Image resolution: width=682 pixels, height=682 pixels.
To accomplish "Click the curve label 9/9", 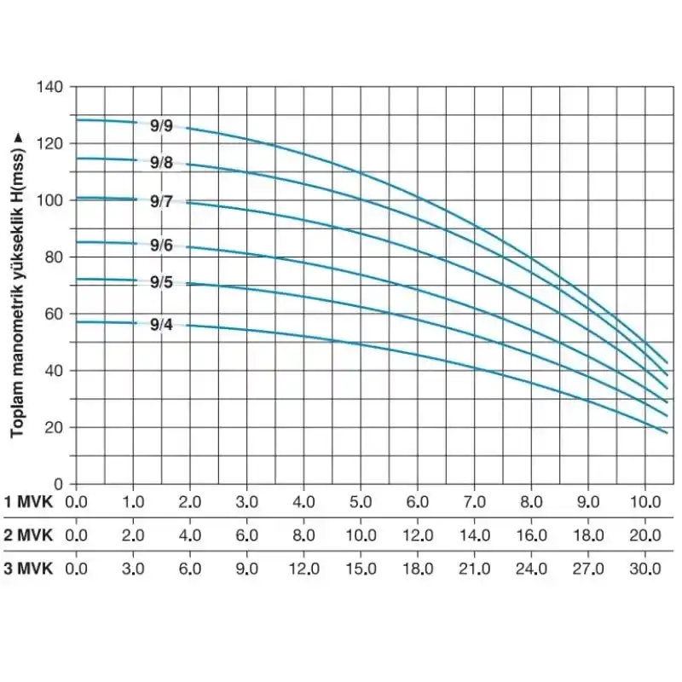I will coord(161,126).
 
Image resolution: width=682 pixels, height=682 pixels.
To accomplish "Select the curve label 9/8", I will coord(161,162).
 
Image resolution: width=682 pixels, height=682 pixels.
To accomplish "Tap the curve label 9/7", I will coord(161,202).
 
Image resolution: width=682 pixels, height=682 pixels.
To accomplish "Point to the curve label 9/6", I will coord(161,246).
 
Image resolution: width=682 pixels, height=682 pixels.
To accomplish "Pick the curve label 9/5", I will coord(161,282).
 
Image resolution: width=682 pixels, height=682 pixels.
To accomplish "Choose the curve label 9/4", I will coord(161,324).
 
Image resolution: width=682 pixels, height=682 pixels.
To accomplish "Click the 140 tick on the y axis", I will coord(50,87).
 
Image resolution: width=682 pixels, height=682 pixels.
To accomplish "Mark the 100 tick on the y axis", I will coord(50,200).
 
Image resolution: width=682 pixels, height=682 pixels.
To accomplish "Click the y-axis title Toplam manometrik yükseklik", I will coord(17,286).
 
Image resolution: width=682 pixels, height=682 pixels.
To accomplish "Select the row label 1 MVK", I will coord(29,500).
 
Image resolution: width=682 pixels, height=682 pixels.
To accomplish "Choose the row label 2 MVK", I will coord(29,535).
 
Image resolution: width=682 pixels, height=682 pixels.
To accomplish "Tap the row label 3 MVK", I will coord(29,569).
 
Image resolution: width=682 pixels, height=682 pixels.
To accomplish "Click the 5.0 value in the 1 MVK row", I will coord(361,500).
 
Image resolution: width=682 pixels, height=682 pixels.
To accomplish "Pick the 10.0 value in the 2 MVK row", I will coord(361,535).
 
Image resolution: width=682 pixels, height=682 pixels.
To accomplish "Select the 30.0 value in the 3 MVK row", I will coord(644,569).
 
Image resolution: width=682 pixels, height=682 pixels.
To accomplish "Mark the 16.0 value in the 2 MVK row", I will coord(531,535).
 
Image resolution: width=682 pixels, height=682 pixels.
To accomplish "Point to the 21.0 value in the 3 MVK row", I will coord(474,569).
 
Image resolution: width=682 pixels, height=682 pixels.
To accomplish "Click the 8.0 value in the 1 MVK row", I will coord(531,500).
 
